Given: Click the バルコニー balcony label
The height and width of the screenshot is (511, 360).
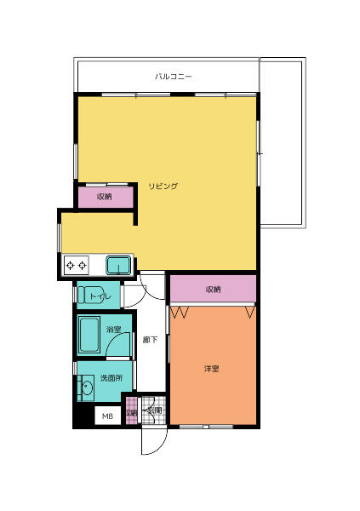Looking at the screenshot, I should click(174, 77).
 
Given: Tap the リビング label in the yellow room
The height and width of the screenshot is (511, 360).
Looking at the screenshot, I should click(163, 186).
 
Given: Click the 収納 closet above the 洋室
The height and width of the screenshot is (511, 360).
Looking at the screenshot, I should click(213, 290).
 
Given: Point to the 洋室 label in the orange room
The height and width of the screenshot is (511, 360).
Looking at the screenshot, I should click(212, 369).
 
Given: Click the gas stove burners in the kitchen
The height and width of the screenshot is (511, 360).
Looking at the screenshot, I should click(77, 265).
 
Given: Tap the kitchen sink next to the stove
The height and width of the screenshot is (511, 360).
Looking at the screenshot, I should click(118, 265).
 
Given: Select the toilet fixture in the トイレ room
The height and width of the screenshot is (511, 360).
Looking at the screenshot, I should click(89, 295).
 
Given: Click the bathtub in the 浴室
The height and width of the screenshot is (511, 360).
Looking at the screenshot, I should click(89, 336).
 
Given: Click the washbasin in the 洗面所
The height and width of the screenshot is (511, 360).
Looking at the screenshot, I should click(86, 388).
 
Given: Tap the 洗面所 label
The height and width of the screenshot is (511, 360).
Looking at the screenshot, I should click(111, 377).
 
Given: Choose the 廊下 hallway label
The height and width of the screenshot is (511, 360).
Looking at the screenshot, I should click(149, 340).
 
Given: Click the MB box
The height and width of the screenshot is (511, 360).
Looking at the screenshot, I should click(107, 416).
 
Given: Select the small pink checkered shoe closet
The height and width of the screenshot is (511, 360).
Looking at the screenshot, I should click(131, 411).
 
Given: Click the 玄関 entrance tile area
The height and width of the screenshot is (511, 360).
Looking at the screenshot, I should click(154, 410).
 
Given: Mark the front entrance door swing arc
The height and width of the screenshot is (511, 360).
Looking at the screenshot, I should click(151, 443).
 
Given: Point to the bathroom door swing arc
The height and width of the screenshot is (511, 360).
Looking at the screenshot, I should click(124, 345).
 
